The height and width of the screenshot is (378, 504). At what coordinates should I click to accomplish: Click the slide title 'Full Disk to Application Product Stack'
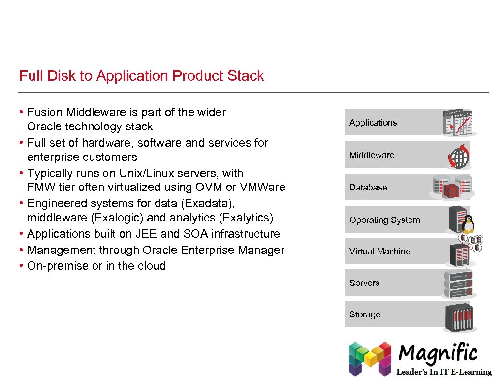coord(142,76)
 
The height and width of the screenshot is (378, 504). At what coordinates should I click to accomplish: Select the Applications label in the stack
coord(373,123)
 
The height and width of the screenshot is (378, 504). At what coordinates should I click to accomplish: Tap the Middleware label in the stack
coord(372,155)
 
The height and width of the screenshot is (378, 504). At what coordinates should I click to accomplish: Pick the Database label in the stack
coord(368,188)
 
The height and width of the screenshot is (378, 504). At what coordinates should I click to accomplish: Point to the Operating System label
coord(385,220)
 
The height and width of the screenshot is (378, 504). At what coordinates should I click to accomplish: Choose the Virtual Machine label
coord(380,252)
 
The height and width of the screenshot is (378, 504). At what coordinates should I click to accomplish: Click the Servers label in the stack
coord(365,283)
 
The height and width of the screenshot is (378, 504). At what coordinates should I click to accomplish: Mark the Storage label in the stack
coord(365,315)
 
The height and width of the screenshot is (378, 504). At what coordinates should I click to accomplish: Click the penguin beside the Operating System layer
coord(468,223)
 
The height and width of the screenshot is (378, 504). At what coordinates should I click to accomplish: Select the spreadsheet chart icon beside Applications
coord(459,122)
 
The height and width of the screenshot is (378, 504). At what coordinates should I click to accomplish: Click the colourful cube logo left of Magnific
coord(370,358)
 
